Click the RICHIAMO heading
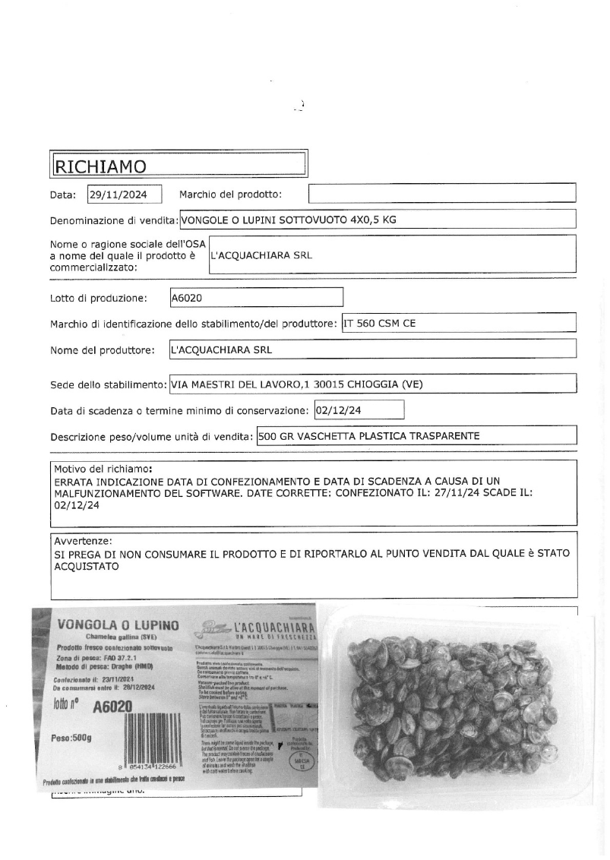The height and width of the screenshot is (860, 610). (x=96, y=165)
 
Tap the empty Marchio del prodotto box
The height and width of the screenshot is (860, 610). (x=442, y=193)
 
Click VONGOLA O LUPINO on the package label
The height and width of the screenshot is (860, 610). (x=118, y=624)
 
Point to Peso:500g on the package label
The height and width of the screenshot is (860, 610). (x=71, y=738)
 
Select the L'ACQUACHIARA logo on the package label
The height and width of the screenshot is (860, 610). (x=257, y=629)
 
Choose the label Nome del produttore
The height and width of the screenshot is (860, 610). (x=103, y=350)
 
